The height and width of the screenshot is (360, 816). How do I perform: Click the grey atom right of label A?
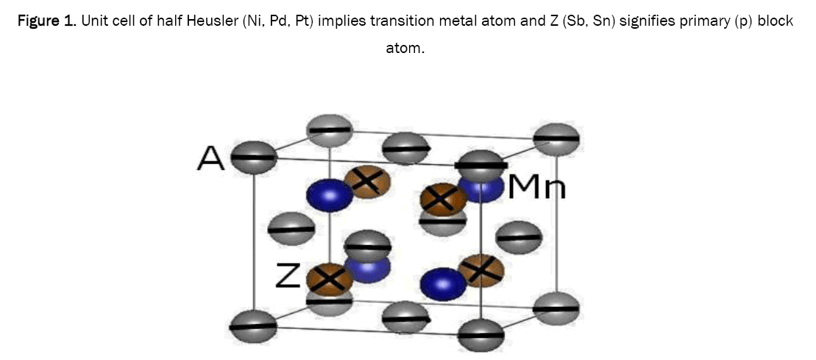[254, 157]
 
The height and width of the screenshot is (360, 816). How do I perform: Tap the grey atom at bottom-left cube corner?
[253, 325]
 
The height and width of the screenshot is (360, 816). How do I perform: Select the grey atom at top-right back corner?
[556, 139]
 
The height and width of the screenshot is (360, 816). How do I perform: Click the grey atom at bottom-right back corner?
[556, 307]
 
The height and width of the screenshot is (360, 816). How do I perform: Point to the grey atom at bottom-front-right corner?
[480, 336]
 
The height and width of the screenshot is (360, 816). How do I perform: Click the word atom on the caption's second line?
[405, 49]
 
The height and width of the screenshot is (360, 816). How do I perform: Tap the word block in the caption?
[777, 21]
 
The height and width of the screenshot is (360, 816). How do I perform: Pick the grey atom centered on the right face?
[519, 237]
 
